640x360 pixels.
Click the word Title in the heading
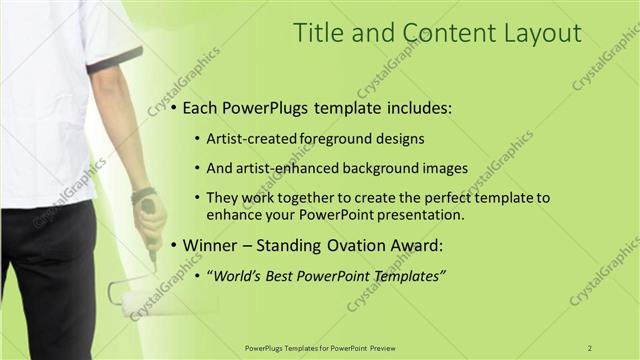316,33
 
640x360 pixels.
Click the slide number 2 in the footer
590,347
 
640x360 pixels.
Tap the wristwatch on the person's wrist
143,194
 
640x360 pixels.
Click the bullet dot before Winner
174,245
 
